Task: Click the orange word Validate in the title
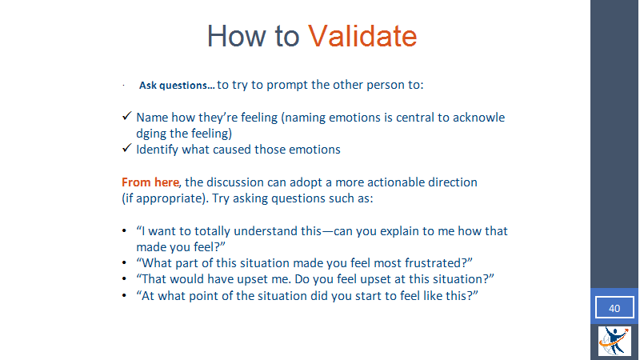362,36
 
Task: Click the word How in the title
238,36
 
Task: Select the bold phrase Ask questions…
177,86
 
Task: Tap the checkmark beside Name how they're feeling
126,116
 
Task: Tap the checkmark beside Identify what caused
126,148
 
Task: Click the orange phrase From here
150,182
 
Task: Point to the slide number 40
614,308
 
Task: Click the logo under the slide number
614,341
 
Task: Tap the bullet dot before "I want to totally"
125,231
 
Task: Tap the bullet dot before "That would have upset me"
125,279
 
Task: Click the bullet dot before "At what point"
125,295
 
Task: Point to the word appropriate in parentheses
170,199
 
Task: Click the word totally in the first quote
212,231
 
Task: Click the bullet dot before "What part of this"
125,263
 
